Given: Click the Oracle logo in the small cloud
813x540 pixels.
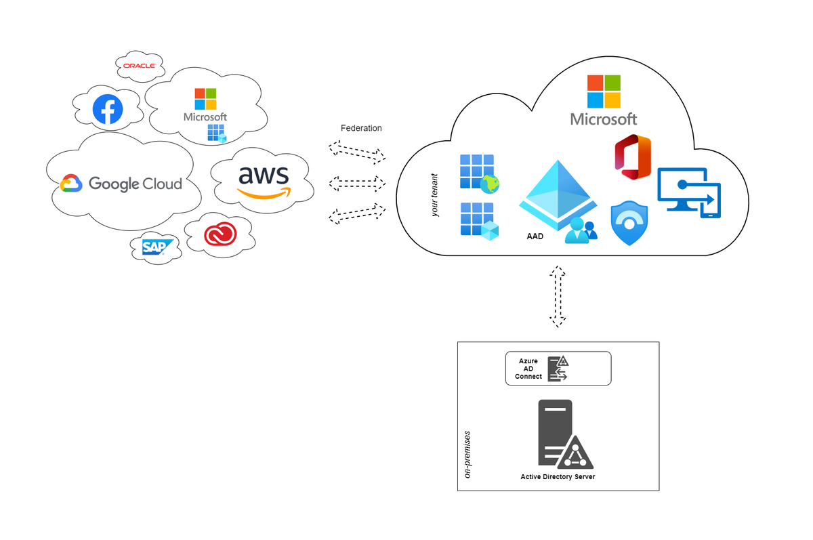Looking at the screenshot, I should click(140, 66).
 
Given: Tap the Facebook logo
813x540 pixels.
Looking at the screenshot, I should click(108, 110).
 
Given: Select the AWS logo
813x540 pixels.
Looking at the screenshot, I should click(264, 181).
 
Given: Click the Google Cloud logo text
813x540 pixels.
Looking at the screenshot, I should click(135, 184).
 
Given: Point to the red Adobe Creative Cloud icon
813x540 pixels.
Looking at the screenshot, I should click(222, 234).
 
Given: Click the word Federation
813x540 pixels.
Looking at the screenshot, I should click(361, 128).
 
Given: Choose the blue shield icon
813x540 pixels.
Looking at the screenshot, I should click(629, 223).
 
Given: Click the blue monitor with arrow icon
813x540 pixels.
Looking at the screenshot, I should click(689, 193).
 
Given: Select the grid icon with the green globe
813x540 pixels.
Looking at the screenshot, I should click(479, 173).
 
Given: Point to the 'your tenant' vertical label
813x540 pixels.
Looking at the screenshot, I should click(435, 195).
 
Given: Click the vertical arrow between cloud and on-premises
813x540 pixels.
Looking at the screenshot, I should click(557, 297).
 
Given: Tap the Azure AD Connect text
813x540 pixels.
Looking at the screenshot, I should click(528, 369).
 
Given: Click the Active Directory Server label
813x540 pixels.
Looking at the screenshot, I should click(558, 477).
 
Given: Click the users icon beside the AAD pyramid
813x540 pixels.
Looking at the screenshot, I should click(582, 230).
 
